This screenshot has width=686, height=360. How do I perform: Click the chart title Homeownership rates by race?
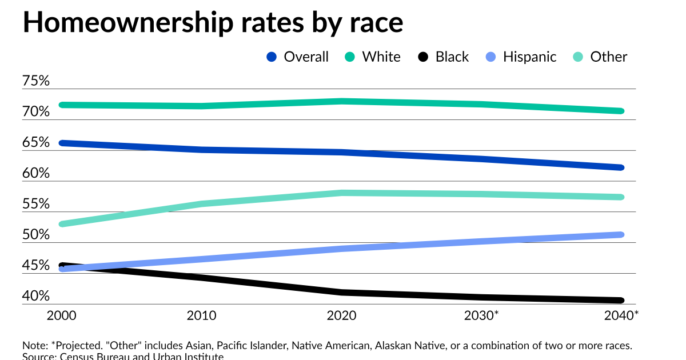click(x=213, y=23)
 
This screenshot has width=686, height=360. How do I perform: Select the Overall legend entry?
click(x=298, y=57)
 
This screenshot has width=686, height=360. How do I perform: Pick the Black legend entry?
click(x=444, y=57)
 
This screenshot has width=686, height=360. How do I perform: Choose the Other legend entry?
click(x=600, y=57)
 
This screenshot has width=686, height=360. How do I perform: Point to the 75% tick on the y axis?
click(x=36, y=81)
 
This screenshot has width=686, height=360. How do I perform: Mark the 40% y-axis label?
click(x=36, y=297)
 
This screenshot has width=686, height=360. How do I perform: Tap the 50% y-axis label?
click(x=36, y=235)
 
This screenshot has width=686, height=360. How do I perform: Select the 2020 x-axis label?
click(x=341, y=315)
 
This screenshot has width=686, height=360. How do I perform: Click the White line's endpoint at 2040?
click(x=621, y=111)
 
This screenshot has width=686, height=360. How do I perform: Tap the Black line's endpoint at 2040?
click(x=621, y=301)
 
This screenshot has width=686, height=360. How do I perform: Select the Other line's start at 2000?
click(x=62, y=223)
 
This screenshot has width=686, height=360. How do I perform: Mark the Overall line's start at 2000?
click(x=62, y=143)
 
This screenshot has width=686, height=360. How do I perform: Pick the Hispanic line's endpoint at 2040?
click(x=621, y=234)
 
